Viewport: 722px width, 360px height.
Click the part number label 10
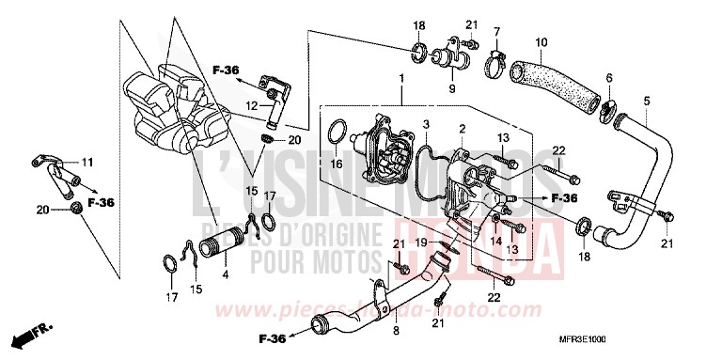(540, 42)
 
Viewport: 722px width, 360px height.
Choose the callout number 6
(608, 78)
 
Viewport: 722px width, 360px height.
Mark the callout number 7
(497, 32)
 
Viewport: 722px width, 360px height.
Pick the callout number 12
(252, 105)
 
